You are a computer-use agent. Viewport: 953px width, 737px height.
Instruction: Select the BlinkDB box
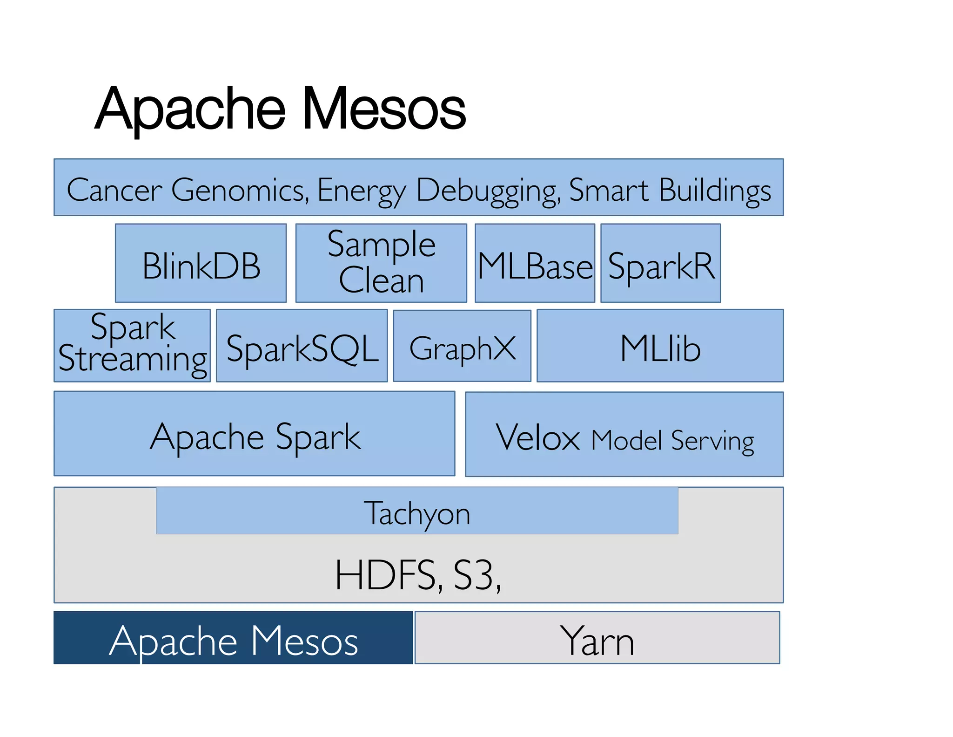pos(201,264)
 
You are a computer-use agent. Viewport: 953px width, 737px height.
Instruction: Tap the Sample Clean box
pos(381,264)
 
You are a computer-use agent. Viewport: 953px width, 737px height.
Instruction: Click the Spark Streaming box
pos(132,346)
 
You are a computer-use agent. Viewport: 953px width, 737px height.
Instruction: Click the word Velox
pos(537,438)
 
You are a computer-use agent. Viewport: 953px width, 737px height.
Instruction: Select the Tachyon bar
pos(417,512)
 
